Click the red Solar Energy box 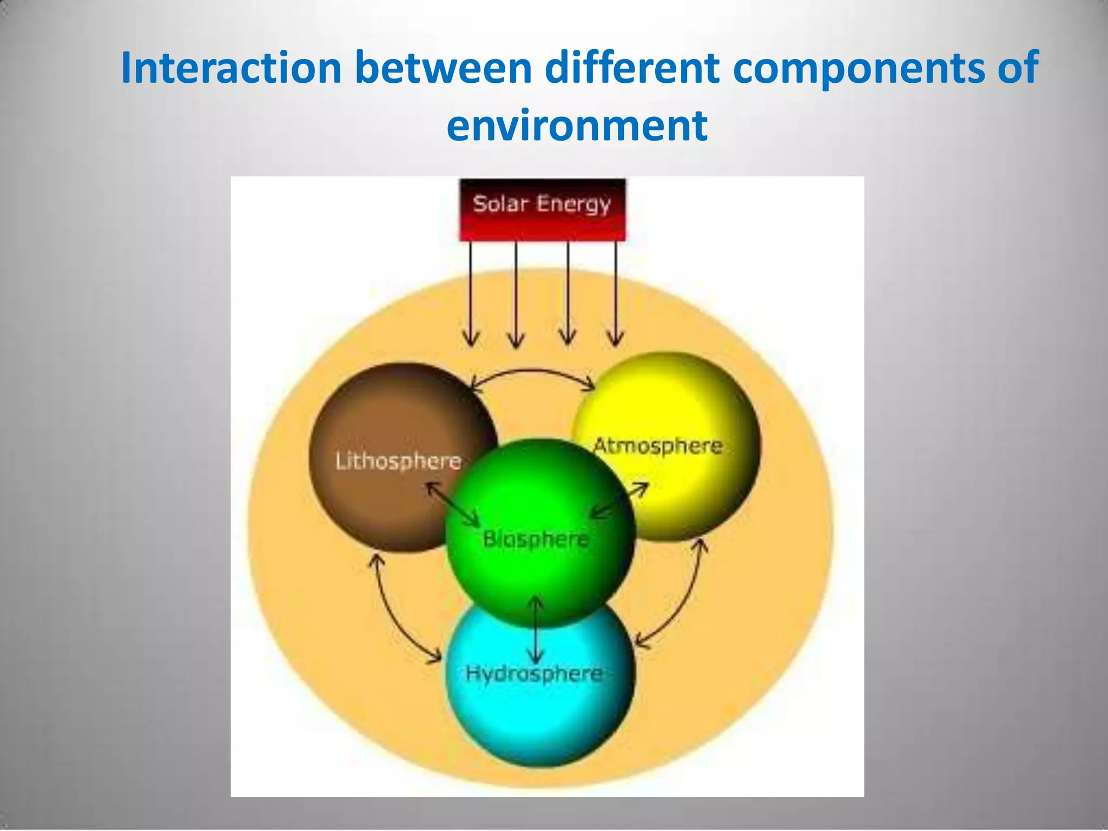tap(542, 210)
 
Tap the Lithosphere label tap(398, 461)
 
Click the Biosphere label tap(536, 539)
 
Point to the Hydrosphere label tap(535, 674)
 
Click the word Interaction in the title tap(232, 68)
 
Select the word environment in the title tap(577, 126)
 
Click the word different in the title tap(632, 68)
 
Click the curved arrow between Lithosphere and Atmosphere tap(533, 372)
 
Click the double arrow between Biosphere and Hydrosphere tap(536, 630)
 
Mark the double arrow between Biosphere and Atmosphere tap(619, 500)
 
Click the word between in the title tap(444, 68)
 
